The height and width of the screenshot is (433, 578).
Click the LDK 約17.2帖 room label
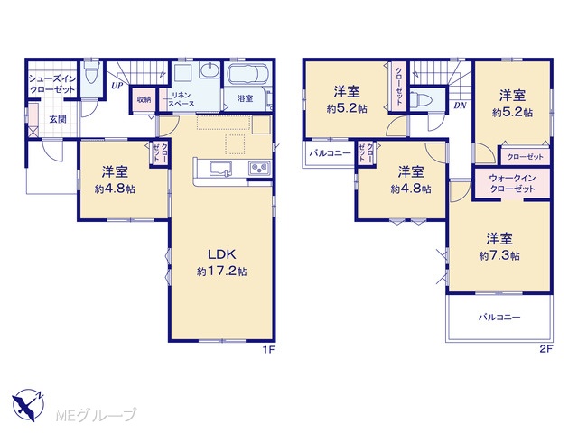221,263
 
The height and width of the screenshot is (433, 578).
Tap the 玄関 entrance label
58,119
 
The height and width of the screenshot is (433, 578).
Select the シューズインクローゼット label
52,84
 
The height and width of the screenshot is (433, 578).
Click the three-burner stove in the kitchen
259,169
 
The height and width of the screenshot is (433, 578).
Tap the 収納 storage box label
144,100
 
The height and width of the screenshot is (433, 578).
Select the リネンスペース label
182,100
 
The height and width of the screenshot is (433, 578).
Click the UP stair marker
117,87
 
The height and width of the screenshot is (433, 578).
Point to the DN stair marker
460,106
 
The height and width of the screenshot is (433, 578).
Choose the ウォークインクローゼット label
512,183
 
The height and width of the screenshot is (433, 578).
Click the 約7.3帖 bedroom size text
499,255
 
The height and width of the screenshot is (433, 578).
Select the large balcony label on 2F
499,317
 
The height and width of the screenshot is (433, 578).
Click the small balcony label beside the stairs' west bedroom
330,153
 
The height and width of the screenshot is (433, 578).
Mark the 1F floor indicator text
269,349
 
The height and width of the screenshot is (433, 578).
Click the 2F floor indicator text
546,349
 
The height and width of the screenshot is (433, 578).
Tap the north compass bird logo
28,405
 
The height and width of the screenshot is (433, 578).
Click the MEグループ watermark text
97,415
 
